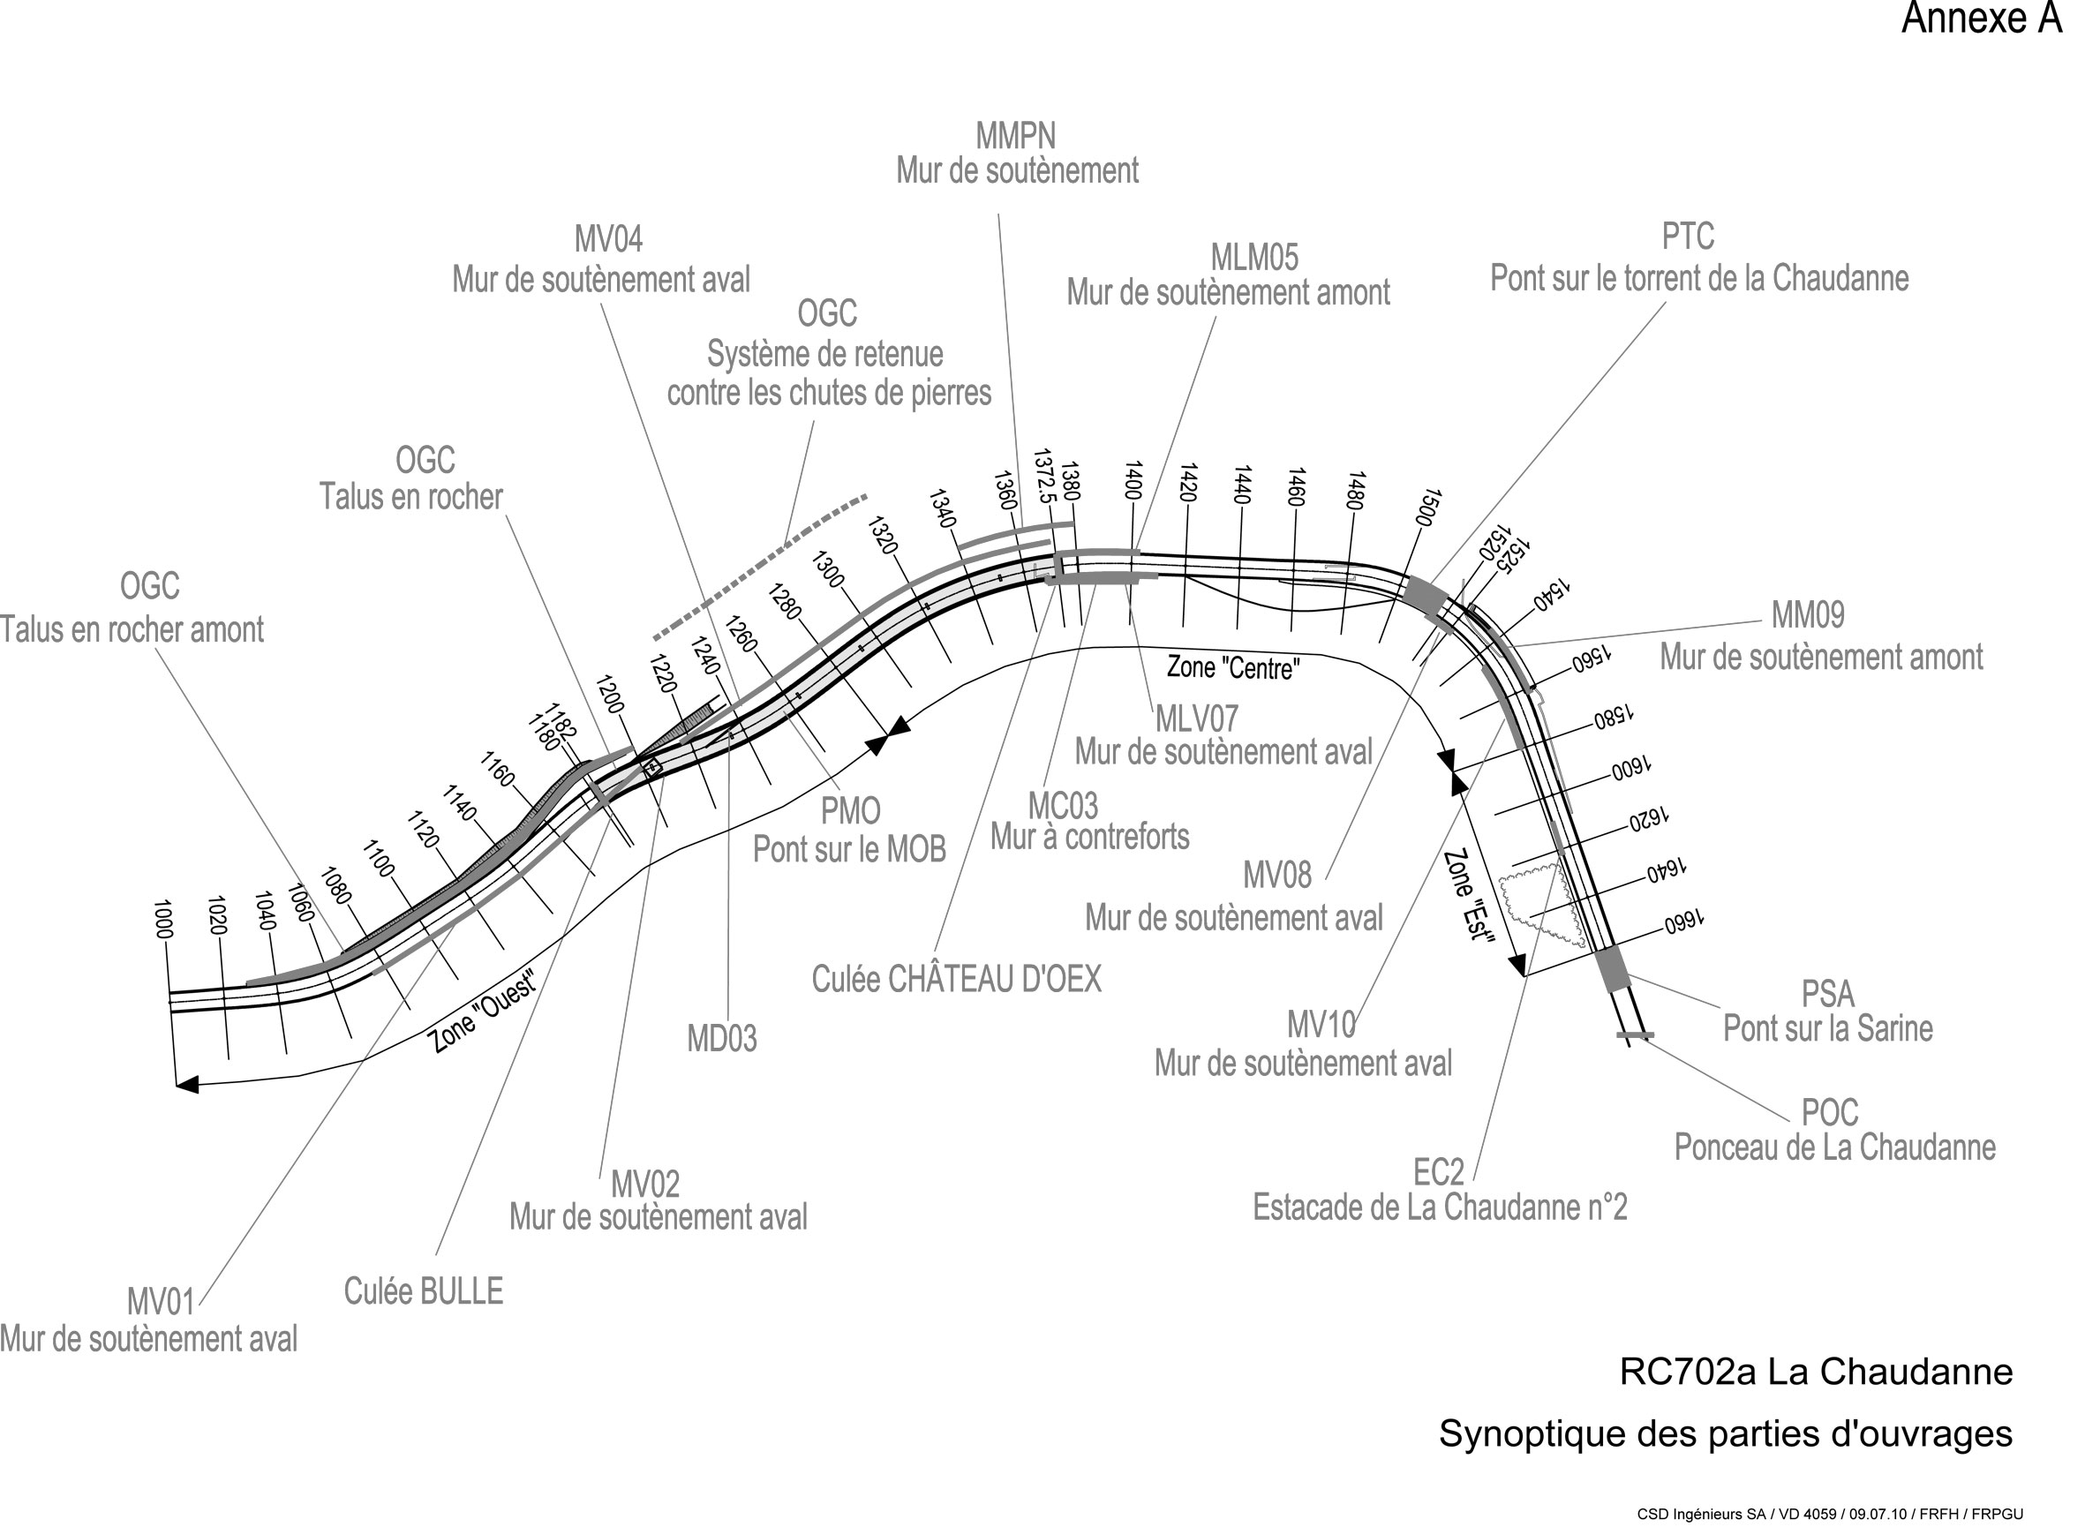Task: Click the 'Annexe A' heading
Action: [x=1981, y=19]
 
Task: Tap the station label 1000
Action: [x=163, y=919]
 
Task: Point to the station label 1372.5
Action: [x=1044, y=475]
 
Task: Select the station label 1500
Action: [x=1428, y=508]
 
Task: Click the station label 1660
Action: [x=1684, y=921]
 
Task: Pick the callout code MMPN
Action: [x=1015, y=137]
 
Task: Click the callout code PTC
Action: [x=1688, y=237]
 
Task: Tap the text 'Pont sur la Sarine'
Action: [x=1827, y=1028]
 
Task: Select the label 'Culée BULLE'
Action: [x=424, y=1291]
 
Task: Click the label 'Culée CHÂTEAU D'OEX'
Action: [x=957, y=980]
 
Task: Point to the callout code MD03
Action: [x=722, y=1039]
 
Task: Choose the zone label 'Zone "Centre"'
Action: [x=1233, y=667]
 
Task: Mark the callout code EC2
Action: [x=1438, y=1172]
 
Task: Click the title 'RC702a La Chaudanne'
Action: [x=1815, y=1372]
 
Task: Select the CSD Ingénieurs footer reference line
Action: [x=1830, y=1514]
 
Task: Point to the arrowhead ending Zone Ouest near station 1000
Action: [x=188, y=1083]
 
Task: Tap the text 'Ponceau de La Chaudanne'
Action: [x=1834, y=1147]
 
